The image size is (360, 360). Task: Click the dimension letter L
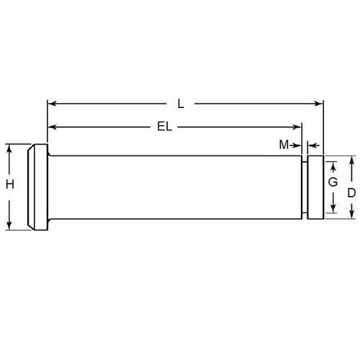181,104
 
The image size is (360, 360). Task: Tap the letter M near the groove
284,145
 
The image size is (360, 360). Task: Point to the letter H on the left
10,185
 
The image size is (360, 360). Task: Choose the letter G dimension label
333,184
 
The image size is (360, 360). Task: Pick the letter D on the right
351,193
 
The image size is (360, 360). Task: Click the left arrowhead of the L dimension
51,104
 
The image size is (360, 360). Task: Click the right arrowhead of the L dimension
319,104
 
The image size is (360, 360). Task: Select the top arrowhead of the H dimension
10,148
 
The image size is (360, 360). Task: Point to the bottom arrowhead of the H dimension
10,226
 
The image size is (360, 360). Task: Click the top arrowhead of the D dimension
351,160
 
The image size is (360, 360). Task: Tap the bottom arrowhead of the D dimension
351,213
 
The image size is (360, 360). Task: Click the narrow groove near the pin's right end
305,186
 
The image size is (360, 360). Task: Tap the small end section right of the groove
315,186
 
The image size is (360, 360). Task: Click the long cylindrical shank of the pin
173,186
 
